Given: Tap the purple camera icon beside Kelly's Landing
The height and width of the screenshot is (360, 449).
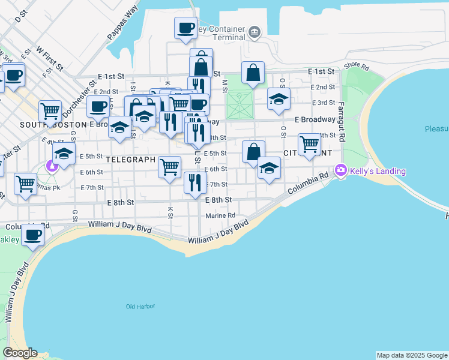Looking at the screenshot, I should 342,171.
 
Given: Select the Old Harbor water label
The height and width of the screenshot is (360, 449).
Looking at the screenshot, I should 140,307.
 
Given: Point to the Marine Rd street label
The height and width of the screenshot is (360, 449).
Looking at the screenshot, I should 220,215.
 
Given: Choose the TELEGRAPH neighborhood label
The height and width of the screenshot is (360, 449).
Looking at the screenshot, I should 131,160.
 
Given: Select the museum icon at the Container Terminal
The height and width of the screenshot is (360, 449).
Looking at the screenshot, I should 256,31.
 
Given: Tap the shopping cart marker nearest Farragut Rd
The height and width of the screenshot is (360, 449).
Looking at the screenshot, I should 309,145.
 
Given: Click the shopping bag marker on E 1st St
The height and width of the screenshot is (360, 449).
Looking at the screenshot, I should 253,73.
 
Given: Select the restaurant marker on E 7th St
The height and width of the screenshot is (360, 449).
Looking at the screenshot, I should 194,182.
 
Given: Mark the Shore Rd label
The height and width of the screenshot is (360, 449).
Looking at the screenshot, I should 354,65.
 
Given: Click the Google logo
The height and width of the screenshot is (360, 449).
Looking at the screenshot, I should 20,353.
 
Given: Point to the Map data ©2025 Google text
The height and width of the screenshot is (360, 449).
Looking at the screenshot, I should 411,355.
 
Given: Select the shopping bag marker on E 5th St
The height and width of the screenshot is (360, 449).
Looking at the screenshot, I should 253,152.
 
